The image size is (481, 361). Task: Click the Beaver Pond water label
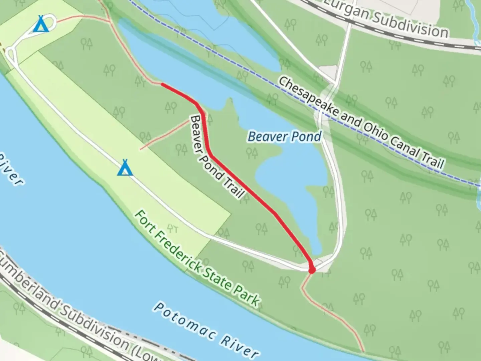(x=285, y=137)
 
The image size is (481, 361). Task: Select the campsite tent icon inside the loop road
(x=41, y=24)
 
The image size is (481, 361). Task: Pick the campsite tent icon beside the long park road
(x=125, y=168)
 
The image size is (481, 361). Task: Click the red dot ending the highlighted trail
(x=312, y=270)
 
